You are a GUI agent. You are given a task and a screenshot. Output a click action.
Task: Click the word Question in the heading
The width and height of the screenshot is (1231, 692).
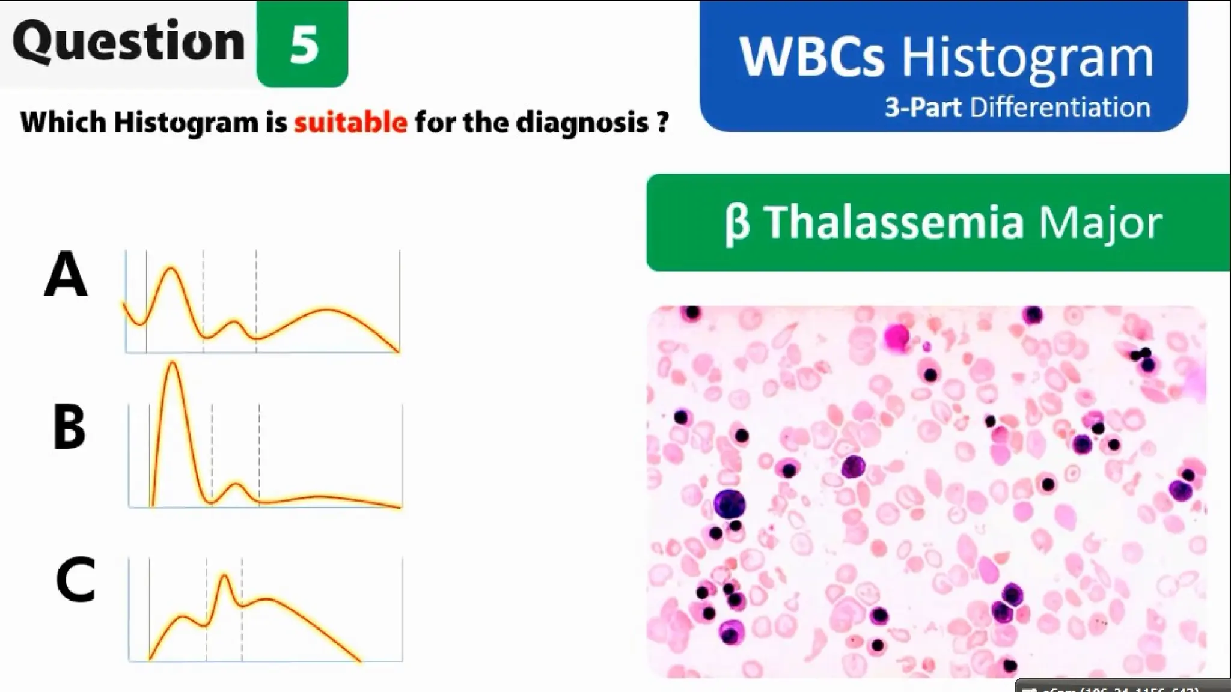128,42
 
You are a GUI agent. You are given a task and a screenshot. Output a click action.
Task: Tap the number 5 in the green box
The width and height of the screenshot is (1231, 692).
303,46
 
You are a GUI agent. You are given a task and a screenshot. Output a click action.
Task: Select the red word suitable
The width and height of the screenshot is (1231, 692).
350,123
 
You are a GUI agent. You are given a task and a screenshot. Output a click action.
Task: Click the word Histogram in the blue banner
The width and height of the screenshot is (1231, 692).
1027,58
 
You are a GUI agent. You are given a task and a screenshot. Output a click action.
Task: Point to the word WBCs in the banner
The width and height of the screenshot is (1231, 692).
811,58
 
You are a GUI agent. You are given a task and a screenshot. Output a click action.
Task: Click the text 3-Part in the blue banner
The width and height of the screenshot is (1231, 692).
922,108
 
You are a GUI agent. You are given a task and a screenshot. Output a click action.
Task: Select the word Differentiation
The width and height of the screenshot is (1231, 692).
1060,108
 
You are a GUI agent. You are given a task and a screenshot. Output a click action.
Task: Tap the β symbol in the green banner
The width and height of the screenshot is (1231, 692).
737,223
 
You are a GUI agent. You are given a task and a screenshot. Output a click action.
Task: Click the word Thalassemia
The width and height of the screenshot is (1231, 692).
893,222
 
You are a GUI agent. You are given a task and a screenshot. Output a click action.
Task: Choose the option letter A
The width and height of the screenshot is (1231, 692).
66,275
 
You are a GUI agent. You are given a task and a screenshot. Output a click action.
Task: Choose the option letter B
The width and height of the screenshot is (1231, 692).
69,427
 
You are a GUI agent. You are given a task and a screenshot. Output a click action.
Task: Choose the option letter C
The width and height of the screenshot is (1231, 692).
75,580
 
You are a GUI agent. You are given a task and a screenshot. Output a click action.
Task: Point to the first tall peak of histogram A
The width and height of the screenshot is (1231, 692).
171,269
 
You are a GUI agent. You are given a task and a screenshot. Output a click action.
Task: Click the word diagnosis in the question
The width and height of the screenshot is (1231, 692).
582,123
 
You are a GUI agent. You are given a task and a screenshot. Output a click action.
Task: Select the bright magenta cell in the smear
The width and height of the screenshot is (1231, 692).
896,336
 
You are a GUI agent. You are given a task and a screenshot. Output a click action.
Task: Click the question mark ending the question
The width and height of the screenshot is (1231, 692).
662,123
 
